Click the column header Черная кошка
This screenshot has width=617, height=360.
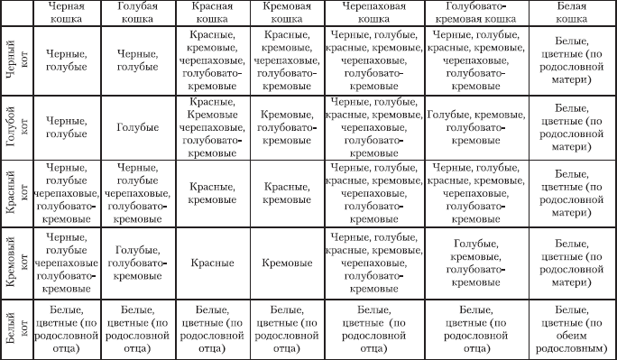(x=66, y=13)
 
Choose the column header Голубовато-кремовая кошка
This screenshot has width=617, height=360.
(x=475, y=13)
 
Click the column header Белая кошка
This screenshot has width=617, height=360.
(x=572, y=13)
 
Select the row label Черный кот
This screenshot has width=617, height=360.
(x=15, y=60)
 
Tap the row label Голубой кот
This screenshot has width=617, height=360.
(x=15, y=127)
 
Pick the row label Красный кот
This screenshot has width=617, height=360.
(x=15, y=195)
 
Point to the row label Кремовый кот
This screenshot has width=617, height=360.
(x=15, y=263)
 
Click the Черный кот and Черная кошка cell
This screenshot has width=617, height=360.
(x=66, y=60)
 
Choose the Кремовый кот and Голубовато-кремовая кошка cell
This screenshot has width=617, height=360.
(x=475, y=263)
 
